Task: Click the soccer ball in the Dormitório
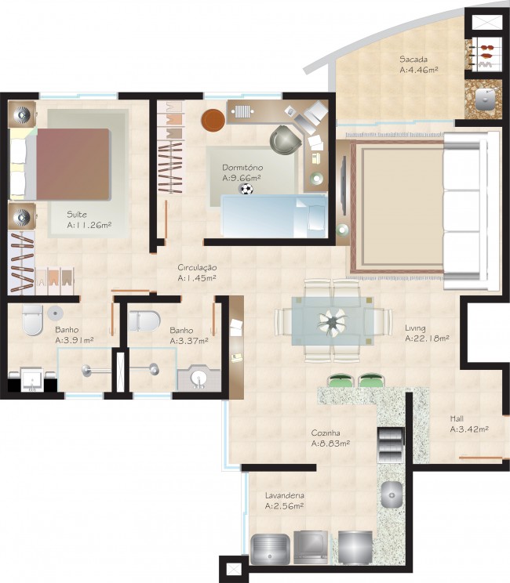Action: point(246,189)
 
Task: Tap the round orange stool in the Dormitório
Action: point(213,120)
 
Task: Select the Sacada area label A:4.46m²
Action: point(418,70)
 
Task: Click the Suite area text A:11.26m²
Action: point(89,225)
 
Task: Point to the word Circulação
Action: point(197,268)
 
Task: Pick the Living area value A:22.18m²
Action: point(427,339)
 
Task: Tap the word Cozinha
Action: point(325,432)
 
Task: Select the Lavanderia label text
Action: point(284,495)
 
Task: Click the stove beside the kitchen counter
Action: point(390,444)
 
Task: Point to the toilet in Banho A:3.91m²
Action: point(31,319)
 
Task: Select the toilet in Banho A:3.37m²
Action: point(145,320)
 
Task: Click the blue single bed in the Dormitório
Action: point(274,215)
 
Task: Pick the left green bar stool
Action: point(341,382)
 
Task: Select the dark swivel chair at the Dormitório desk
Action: point(284,140)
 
